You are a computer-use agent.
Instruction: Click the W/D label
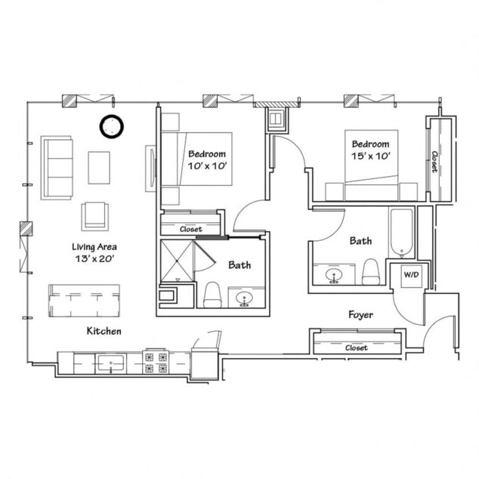point(410,275)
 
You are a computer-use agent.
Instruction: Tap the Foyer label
point(360,314)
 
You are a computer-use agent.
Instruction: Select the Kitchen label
point(105,331)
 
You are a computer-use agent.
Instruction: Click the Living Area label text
point(94,247)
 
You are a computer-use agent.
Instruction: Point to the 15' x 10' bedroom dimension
point(370,156)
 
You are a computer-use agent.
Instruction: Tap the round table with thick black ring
point(113,126)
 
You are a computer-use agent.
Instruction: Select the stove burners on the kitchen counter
point(156,363)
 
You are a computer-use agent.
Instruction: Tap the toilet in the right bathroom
point(370,271)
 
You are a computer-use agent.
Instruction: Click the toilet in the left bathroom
point(212,295)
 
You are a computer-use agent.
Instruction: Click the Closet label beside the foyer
point(356,348)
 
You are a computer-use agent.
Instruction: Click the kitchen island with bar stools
point(84,301)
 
